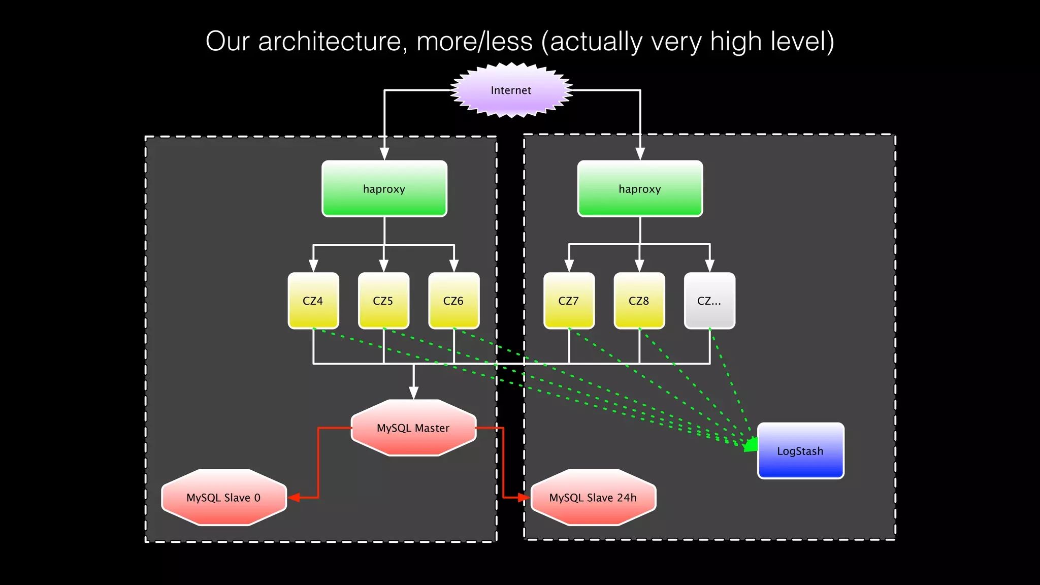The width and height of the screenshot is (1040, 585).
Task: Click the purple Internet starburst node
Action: click(x=511, y=90)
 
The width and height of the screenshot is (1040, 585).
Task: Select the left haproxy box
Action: click(x=384, y=189)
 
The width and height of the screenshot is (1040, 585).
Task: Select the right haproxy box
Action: click(x=640, y=189)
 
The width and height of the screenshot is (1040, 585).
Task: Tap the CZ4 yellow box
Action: click(x=313, y=301)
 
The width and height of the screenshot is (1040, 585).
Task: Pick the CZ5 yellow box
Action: click(x=383, y=301)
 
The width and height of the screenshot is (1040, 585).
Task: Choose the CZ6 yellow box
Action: click(x=453, y=301)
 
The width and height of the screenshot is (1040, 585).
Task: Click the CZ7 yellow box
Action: click(x=569, y=301)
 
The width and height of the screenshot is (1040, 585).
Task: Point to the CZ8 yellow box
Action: click(x=639, y=301)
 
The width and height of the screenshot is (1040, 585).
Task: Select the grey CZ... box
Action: click(x=709, y=301)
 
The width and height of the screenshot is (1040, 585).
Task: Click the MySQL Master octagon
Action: click(x=413, y=428)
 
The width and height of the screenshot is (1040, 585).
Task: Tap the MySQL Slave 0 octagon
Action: click(x=223, y=498)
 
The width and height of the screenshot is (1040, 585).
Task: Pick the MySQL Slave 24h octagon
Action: click(x=593, y=498)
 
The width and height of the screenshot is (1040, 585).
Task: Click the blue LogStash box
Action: click(x=800, y=451)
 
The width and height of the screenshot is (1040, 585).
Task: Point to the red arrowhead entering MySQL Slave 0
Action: click(x=294, y=498)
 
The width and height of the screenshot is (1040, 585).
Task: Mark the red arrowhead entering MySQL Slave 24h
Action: click(x=524, y=498)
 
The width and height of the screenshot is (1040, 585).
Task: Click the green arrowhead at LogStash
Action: click(x=751, y=445)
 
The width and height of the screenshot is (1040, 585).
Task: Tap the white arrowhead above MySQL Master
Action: click(x=414, y=393)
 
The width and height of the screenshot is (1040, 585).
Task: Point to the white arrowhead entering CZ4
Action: click(x=313, y=266)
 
